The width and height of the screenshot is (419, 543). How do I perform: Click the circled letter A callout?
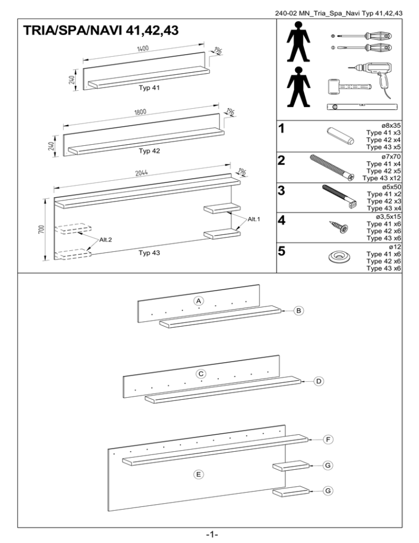point(199,301)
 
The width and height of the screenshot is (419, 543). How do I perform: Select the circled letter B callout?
point(298,310)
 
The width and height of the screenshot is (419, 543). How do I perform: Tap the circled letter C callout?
point(201,374)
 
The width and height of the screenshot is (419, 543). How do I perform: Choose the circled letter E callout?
point(200,475)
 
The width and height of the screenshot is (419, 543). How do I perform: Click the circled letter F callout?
point(327,439)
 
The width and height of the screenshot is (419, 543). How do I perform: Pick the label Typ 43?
point(149,253)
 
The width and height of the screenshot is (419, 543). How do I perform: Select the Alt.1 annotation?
point(255,219)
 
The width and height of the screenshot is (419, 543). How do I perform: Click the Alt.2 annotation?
point(107,240)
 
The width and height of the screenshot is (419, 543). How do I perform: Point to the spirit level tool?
point(362,107)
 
